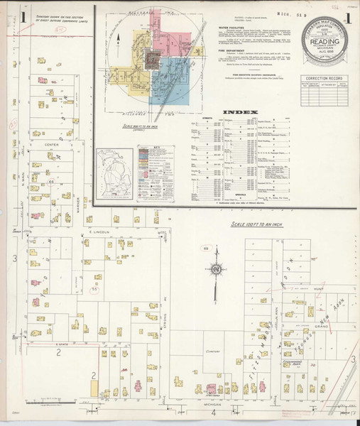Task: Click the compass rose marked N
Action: click(x=214, y=270)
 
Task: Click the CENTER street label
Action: click(x=50, y=145)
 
